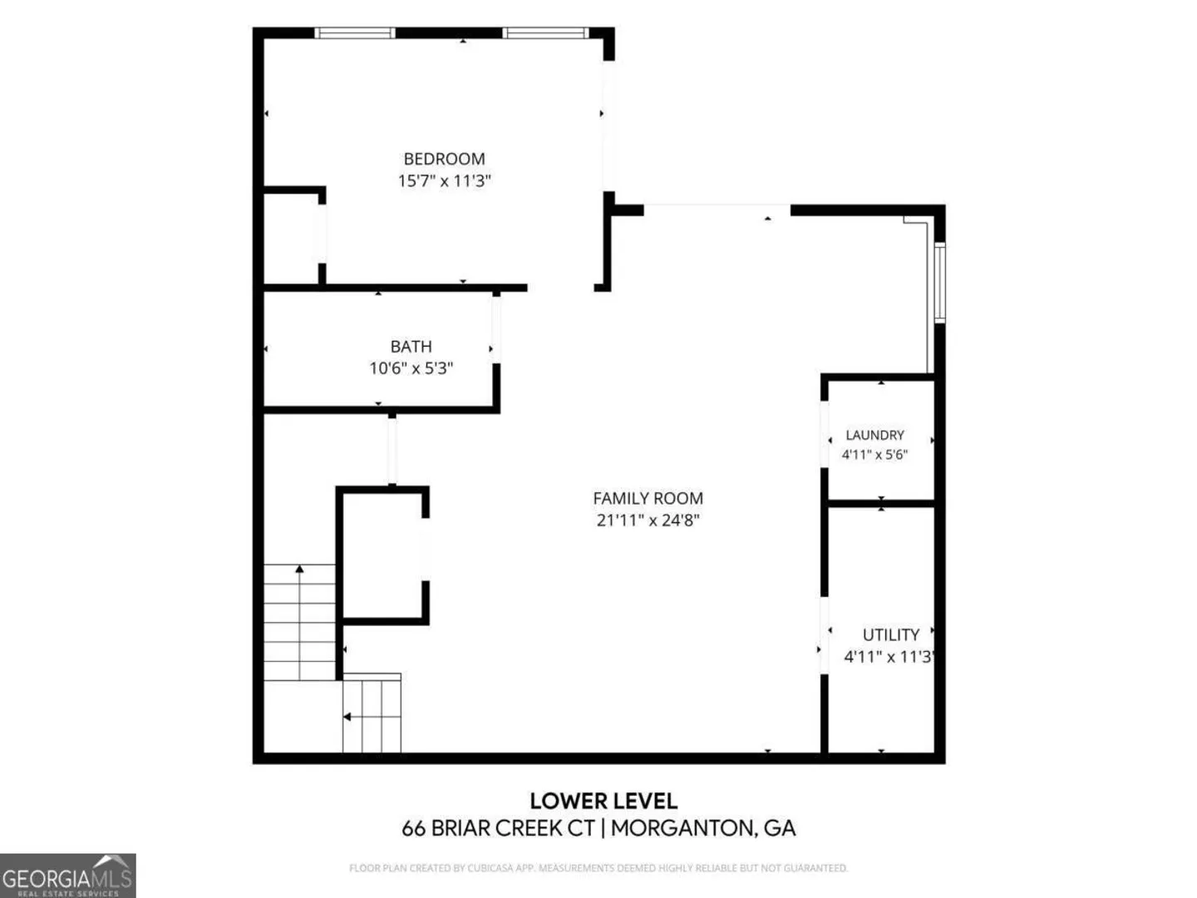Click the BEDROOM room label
point(444,159)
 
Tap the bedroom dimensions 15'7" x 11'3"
point(444,180)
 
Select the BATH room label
point(411,346)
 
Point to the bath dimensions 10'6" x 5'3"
point(411,368)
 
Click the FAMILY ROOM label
point(648,498)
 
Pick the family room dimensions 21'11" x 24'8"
point(648,520)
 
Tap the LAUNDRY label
point(874,435)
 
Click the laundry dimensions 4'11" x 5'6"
point(874,454)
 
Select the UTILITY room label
point(891,634)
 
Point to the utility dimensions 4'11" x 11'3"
point(889,657)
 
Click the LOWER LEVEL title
point(603,801)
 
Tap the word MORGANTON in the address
point(683,828)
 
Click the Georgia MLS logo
point(67,875)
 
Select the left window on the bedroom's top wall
point(354,32)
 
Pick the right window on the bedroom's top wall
point(545,32)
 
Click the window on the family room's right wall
point(939,283)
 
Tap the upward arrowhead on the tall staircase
point(299,569)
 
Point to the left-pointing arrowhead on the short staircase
point(347,717)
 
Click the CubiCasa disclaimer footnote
point(598,867)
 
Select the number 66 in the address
point(413,828)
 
